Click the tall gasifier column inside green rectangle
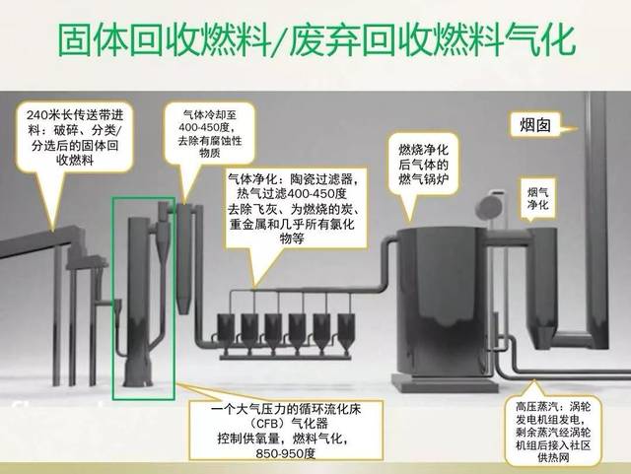tap(139, 296)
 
